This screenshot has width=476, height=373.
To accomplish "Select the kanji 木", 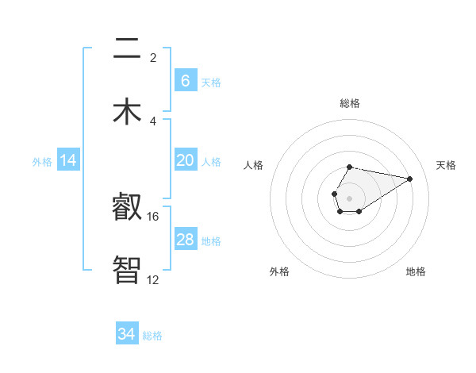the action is click(127, 111).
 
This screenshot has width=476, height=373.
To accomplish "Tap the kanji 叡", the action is click(127, 208).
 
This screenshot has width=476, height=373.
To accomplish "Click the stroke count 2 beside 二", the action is click(153, 57).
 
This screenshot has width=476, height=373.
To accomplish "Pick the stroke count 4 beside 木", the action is click(153, 121).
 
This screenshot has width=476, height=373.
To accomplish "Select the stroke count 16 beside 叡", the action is click(153, 216).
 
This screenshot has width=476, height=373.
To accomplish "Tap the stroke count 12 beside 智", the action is click(153, 279).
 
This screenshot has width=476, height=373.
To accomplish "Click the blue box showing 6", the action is click(185, 81).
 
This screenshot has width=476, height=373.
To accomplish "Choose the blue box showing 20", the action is click(185, 160).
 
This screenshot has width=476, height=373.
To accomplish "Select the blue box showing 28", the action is click(185, 240).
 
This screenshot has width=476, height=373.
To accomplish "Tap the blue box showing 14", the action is click(68, 161).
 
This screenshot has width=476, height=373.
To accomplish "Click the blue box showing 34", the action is click(127, 335).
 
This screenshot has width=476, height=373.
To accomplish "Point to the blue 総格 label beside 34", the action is click(152, 336).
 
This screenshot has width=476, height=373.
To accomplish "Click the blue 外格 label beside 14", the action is click(42, 162).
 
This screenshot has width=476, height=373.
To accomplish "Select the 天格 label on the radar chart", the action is click(446, 165).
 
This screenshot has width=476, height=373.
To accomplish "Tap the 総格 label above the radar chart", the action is click(349, 103).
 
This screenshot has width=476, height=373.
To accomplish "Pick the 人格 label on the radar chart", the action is click(254, 165).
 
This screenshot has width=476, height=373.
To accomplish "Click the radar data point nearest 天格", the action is click(410, 178).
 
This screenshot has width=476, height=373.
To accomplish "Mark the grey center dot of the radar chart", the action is click(349, 198).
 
